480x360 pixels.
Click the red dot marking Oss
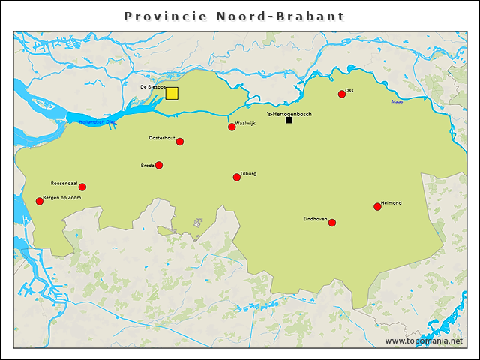point(341,94)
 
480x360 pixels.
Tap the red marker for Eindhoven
point(332,223)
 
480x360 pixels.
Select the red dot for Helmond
point(377,207)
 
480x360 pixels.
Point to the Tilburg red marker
point(237,178)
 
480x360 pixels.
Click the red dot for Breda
point(159,166)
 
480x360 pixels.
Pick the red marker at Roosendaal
point(82,187)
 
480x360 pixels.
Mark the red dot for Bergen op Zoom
point(40,201)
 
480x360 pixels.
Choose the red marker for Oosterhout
point(180,142)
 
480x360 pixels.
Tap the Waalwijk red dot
point(232,127)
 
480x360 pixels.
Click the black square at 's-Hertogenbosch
point(289,120)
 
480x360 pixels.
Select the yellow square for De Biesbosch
point(172,93)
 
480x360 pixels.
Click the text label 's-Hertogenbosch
point(289,114)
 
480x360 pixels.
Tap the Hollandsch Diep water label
point(97,121)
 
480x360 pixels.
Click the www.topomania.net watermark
point(424,341)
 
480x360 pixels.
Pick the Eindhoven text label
point(315,218)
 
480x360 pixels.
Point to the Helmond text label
point(391,203)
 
